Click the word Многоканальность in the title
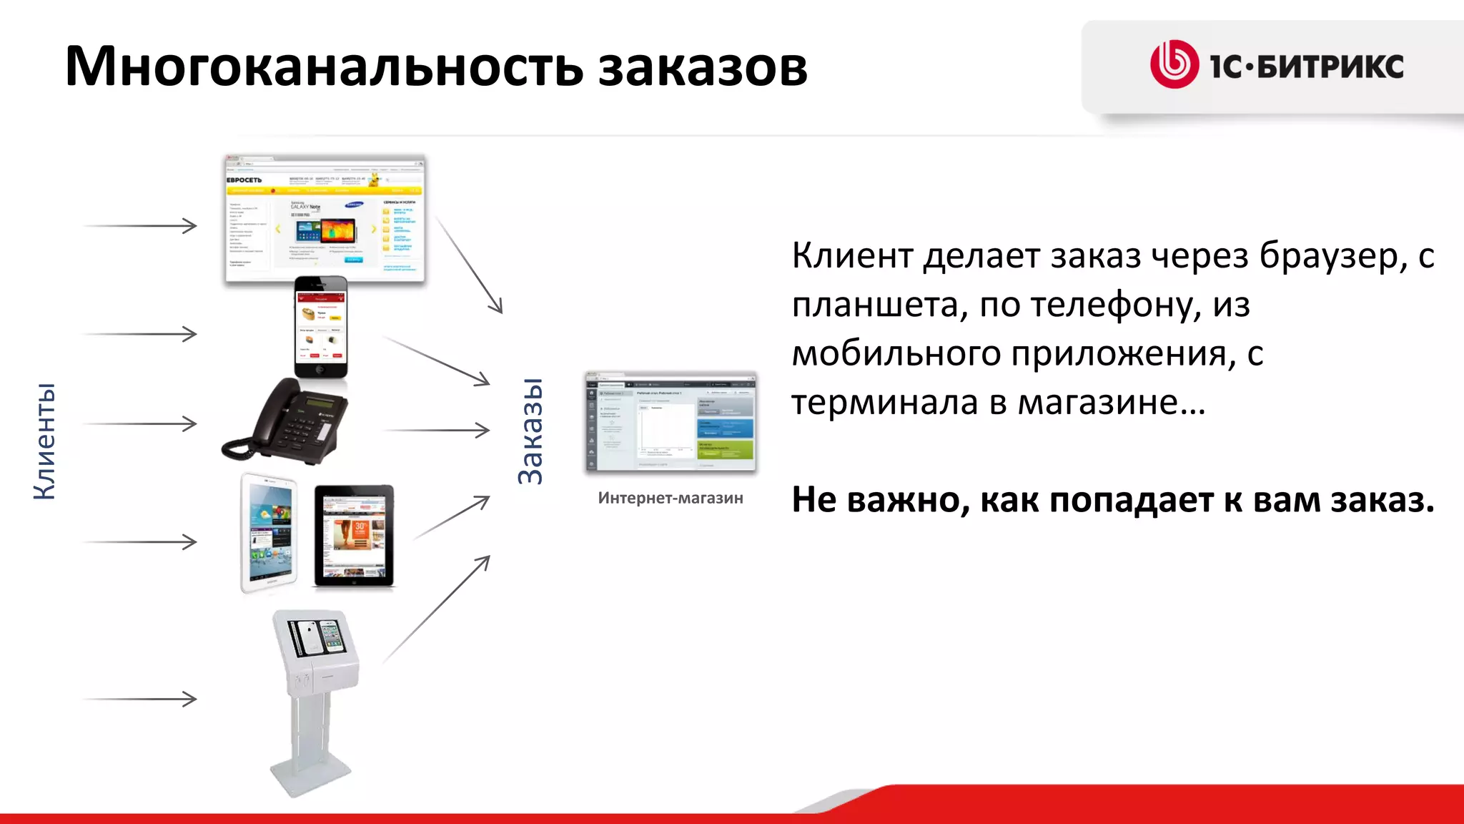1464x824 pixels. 324,67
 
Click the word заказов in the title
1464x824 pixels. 702,67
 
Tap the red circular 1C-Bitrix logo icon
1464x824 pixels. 1174,64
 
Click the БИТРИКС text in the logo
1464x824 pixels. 1330,67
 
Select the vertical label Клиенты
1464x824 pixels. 44,441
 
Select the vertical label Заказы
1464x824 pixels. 531,431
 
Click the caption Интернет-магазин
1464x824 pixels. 671,498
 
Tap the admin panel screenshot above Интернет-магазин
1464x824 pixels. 671,422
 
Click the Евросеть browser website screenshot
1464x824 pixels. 325,219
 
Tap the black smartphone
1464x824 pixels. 321,327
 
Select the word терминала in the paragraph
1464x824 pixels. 884,402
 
